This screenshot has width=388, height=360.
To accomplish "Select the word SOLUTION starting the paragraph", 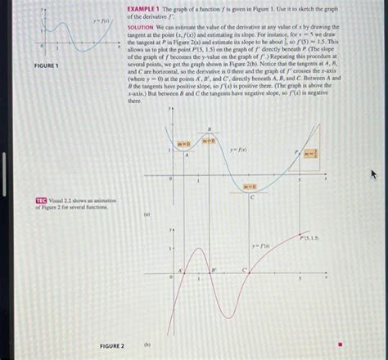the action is pyautogui.click(x=141, y=27).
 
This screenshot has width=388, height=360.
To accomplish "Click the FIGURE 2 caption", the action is pyautogui.click(x=111, y=346).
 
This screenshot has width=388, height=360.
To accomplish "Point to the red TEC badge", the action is pyautogui.click(x=41, y=200).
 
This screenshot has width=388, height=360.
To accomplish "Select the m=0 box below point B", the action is pyautogui.click(x=208, y=141).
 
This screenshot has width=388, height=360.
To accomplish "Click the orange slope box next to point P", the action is pyautogui.click(x=310, y=153).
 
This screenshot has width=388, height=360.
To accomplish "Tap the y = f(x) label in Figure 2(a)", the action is pyautogui.click(x=239, y=151).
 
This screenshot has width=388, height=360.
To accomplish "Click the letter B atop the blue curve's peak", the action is pyautogui.click(x=209, y=129).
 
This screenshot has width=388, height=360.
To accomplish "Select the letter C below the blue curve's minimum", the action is pyautogui.click(x=251, y=198).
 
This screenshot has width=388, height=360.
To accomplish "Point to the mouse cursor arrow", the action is pyautogui.click(x=374, y=174).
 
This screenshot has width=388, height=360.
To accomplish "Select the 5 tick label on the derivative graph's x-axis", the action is pyautogui.click(x=300, y=279).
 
